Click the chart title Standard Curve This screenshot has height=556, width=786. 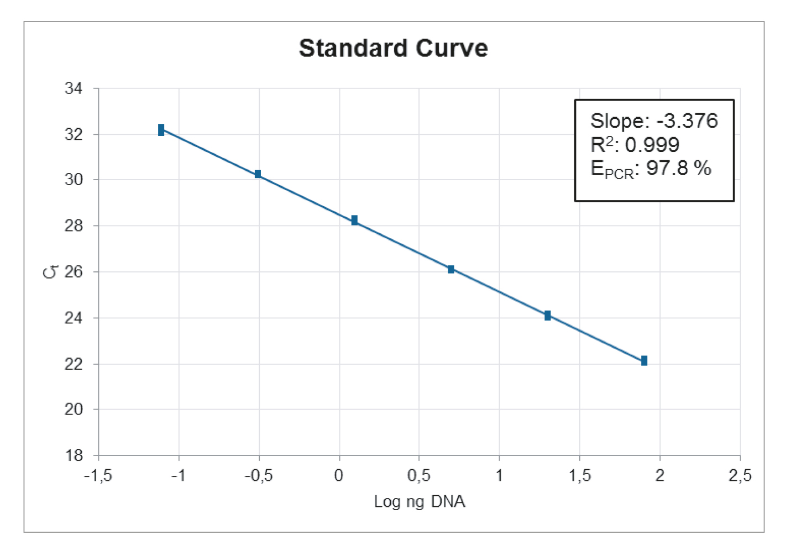(x=393, y=49)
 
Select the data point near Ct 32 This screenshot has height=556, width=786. (x=161, y=130)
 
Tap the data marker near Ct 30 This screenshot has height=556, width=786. (x=258, y=174)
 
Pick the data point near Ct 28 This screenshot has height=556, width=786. (x=354, y=221)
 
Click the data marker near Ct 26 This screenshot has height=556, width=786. (x=451, y=269)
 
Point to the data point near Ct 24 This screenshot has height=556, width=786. (x=547, y=316)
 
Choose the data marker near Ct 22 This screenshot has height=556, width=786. (x=644, y=361)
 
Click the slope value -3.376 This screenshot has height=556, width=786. (x=687, y=120)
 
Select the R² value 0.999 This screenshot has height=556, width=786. (x=652, y=145)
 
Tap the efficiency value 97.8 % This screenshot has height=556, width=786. (x=679, y=168)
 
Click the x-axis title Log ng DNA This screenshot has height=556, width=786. (x=420, y=502)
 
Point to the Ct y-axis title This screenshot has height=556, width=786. (x=50, y=272)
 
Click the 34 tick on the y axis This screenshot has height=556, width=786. (x=74, y=88)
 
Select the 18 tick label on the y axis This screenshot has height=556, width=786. (x=74, y=455)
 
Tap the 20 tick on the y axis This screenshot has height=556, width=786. (x=74, y=410)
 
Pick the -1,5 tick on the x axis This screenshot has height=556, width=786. (x=98, y=476)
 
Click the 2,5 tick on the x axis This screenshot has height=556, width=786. (x=740, y=476)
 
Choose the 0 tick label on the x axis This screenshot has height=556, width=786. (x=339, y=476)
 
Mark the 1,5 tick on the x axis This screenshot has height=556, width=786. (x=580, y=476)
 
